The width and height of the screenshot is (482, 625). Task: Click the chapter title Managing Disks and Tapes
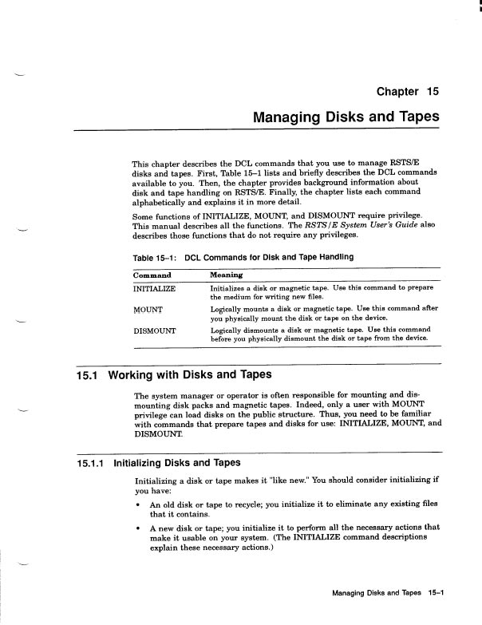tap(346, 117)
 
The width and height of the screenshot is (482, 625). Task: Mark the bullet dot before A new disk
tap(140, 528)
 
